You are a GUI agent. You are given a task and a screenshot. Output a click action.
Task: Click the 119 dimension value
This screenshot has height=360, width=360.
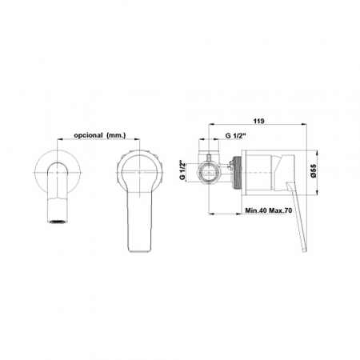[258, 121]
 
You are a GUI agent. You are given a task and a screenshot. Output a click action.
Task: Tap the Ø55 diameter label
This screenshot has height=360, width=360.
[313, 170]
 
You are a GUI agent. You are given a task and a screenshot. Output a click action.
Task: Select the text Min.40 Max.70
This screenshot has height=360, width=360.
[269, 210]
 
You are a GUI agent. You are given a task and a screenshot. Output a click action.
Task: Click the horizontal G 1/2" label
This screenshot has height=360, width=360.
[235, 135]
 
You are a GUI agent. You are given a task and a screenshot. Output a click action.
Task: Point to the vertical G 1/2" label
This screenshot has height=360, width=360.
[182, 170]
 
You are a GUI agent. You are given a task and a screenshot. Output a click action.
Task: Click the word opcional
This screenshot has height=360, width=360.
[88, 135]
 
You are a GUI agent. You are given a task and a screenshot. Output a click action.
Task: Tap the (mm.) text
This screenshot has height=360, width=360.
[116, 135]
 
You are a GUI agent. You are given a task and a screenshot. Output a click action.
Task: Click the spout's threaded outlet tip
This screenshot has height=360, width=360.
[58, 222]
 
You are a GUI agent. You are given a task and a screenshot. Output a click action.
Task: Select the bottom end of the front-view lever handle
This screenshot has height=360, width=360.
[140, 250]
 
